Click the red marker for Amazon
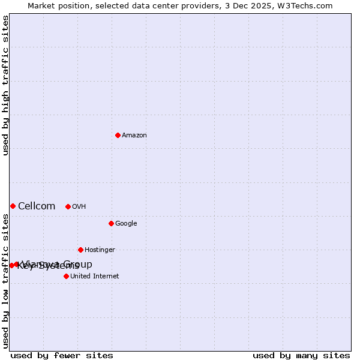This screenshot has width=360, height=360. [x=118, y=135]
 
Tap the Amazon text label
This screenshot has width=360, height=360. [x=134, y=136]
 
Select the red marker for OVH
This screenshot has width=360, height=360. [x=68, y=206]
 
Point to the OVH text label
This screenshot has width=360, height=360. [x=79, y=207]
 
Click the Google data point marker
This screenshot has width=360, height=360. [x=111, y=223]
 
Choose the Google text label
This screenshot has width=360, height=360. [x=126, y=224]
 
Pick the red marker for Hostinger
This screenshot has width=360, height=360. [x=80, y=250]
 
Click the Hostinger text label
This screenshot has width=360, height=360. [x=100, y=250]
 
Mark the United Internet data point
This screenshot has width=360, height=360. [x=66, y=276]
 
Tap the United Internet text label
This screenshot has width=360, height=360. [x=95, y=277]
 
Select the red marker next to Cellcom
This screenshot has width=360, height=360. [x=13, y=206]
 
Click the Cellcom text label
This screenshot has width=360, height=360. [x=37, y=206]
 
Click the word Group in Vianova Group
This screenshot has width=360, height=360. [x=80, y=264]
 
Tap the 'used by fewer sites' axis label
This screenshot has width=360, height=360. [x=62, y=356]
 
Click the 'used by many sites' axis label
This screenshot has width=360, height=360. [x=301, y=356]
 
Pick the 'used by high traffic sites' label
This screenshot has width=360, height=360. [x=5, y=85]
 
